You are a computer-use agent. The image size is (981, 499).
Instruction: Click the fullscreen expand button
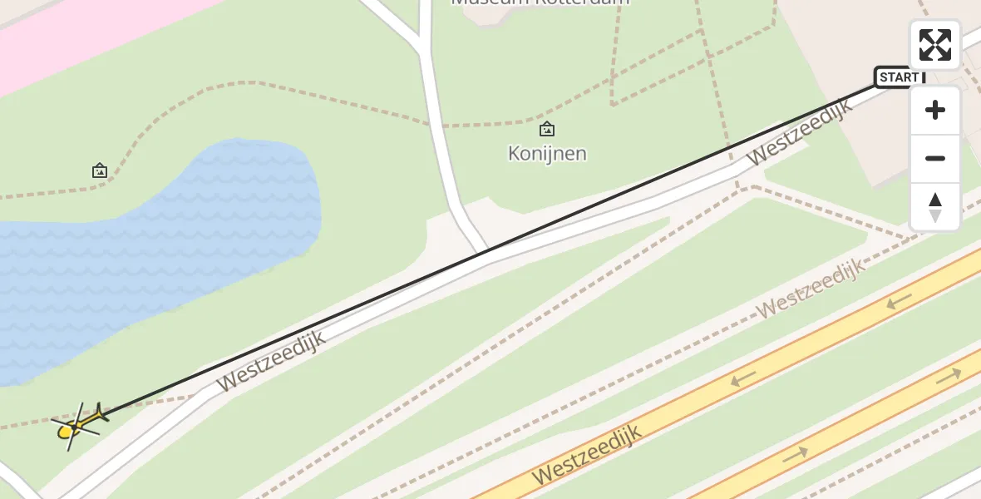934,45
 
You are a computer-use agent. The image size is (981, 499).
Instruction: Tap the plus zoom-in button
934,110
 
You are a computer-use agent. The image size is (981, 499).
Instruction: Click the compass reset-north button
934,207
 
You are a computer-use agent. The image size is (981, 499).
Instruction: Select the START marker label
900,77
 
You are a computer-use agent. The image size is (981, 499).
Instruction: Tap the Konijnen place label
547,154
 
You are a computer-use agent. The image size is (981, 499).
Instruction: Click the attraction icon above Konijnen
547,129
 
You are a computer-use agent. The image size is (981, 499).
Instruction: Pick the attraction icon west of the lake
100,170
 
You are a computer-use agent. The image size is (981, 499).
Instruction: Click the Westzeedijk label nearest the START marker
799,132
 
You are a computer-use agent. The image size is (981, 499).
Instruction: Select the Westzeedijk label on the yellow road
587,455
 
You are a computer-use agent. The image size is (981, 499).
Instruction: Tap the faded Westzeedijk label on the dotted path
811,288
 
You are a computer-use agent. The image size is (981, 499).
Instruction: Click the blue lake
166,249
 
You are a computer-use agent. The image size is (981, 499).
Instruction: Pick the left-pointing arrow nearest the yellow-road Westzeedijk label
743,378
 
